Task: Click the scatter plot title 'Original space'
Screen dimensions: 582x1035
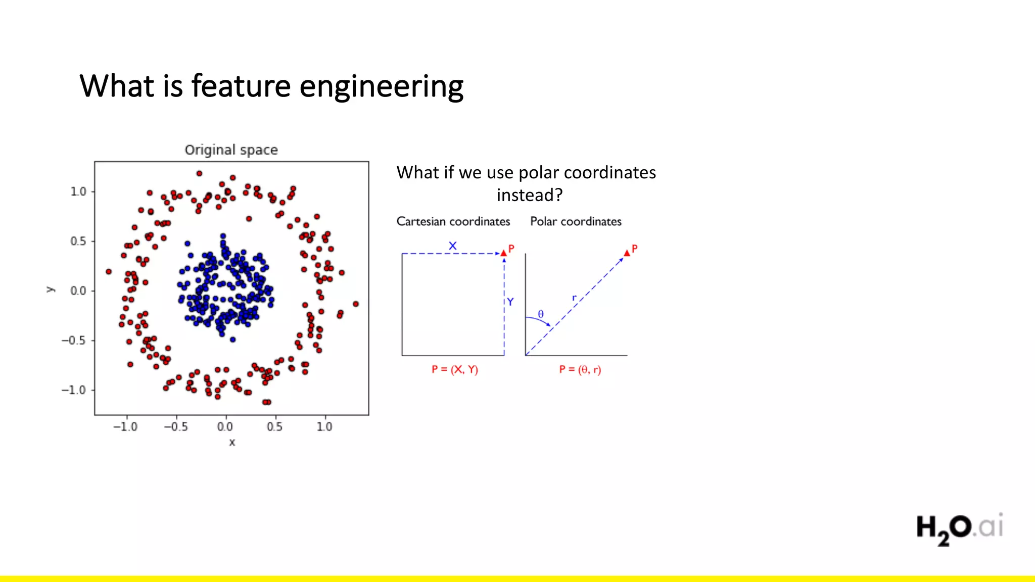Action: click(x=231, y=150)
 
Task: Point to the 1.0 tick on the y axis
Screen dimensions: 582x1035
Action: click(x=78, y=192)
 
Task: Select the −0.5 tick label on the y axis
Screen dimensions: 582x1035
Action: click(x=74, y=341)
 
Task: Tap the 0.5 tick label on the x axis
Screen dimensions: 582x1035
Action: click(x=274, y=427)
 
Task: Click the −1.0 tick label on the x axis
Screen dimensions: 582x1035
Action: click(x=125, y=427)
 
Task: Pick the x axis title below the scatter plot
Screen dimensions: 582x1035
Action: click(x=232, y=443)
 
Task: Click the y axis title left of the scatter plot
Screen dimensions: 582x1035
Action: click(x=50, y=289)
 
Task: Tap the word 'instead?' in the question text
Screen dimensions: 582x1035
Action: click(x=529, y=195)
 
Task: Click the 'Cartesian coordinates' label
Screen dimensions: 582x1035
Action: click(x=453, y=221)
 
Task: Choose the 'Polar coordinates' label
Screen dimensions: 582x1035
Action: click(x=576, y=221)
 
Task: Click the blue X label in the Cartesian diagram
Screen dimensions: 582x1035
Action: click(x=452, y=246)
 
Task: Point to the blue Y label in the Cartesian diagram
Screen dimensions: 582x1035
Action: click(x=510, y=302)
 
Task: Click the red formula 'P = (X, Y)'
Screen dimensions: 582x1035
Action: click(x=454, y=369)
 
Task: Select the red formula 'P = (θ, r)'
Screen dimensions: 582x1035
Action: click(x=580, y=369)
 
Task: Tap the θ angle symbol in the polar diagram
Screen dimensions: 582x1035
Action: click(x=541, y=314)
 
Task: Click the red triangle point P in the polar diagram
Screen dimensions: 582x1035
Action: click(x=627, y=253)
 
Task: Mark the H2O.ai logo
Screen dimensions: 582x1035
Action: click(x=959, y=528)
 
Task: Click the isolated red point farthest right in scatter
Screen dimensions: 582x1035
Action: click(x=356, y=304)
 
